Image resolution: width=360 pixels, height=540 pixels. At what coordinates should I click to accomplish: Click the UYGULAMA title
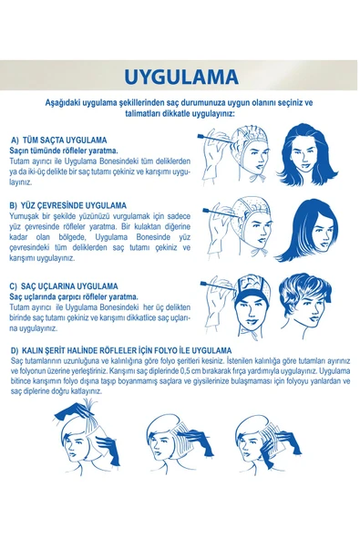tap(181, 77)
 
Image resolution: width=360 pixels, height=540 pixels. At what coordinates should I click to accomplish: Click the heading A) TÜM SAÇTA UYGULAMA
tap(59, 140)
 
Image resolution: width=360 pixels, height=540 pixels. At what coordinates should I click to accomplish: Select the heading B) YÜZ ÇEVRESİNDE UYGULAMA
tap(68, 205)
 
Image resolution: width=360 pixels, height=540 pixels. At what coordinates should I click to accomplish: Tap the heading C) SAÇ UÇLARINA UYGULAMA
tap(64, 286)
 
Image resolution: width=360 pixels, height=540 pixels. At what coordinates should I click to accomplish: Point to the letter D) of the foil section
tap(15, 350)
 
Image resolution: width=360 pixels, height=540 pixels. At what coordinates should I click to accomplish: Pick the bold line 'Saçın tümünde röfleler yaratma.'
tap(64, 151)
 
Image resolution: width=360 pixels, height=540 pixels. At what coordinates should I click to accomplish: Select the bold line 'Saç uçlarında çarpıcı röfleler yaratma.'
tap(74, 296)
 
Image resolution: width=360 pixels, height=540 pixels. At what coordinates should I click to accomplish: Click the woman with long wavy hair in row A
tap(306, 154)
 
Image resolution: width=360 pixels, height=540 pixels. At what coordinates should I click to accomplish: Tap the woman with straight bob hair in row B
tap(307, 231)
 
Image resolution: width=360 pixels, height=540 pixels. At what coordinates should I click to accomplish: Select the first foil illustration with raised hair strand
tap(87, 437)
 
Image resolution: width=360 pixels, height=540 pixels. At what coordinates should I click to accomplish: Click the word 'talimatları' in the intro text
tap(143, 114)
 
